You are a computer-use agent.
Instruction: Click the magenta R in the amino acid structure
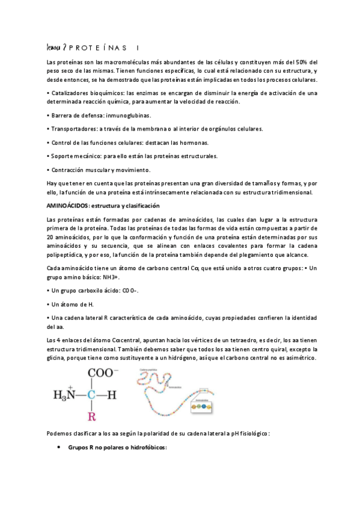[x=92, y=416]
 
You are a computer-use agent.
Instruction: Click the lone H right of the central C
[x=118, y=395]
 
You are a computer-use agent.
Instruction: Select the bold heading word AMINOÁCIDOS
[x=67, y=206]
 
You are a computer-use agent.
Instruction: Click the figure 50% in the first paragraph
[x=303, y=62]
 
